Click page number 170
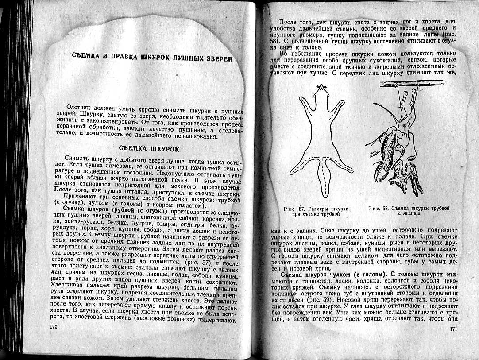(x=54, y=326)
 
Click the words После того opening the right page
(x=296, y=22)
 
